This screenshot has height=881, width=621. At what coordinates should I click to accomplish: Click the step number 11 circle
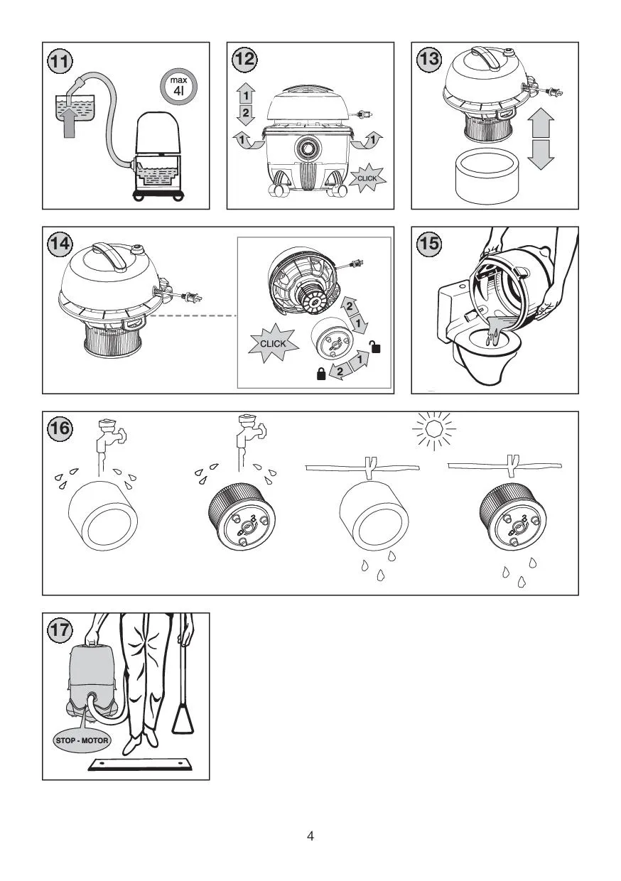pos(61,60)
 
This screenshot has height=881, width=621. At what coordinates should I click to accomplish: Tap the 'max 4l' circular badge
pos(178,87)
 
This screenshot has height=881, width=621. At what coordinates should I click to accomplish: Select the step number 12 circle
pos(245,60)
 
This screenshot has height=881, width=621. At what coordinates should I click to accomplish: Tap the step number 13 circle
pos(430,60)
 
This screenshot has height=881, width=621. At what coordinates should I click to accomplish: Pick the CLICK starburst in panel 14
pos(273,344)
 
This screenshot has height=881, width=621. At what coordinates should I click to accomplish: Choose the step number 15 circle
pos(430,244)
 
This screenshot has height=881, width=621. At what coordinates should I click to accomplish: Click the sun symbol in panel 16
pos(434,428)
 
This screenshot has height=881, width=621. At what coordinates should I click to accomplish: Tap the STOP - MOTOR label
pos(82,740)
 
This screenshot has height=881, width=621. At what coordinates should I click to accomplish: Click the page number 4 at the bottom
pos(310,836)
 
